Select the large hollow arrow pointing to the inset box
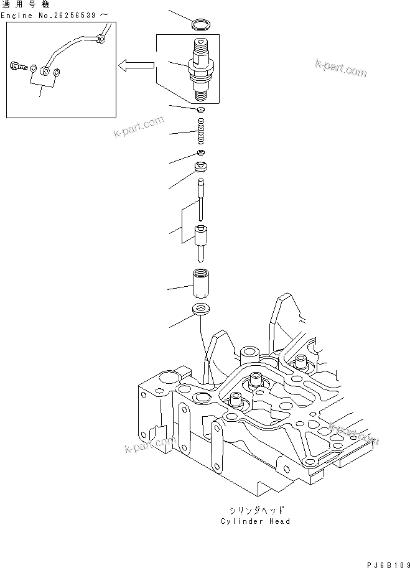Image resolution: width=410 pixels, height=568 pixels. point(136,64)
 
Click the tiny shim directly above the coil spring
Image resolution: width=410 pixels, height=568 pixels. point(200,111)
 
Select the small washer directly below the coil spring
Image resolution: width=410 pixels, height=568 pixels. point(200,153)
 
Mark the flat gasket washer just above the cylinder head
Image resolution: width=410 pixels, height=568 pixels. point(200,309)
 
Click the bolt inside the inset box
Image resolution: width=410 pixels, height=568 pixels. point(17,63)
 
